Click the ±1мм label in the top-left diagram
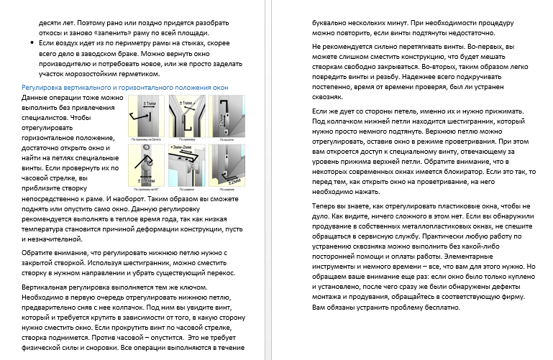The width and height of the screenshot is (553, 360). [150, 103]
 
